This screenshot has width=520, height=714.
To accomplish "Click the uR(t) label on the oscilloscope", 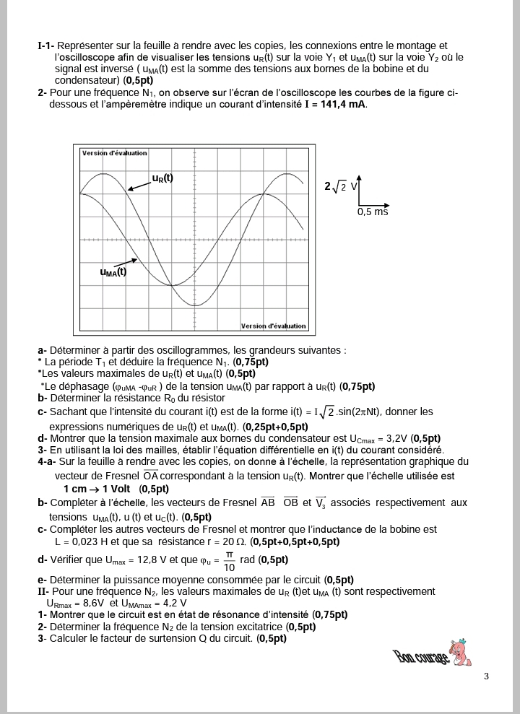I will [x=162, y=178].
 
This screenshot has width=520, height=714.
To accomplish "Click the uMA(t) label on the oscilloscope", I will [x=113, y=272].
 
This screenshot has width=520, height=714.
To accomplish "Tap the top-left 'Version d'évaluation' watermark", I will [x=114, y=153].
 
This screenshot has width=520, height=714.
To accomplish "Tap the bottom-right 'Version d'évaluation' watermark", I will [x=273, y=326].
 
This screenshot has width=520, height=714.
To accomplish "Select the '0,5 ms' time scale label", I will [x=373, y=212].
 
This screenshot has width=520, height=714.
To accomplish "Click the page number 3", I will [x=486, y=676].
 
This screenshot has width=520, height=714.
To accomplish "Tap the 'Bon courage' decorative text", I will [x=420, y=656].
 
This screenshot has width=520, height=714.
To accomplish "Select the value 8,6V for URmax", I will [x=93, y=603].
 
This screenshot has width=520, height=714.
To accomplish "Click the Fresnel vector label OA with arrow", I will [x=150, y=475].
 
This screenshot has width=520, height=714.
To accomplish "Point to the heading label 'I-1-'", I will [x=48, y=46].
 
